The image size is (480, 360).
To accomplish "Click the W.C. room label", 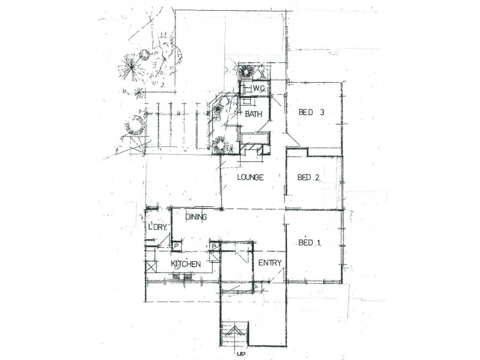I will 259,89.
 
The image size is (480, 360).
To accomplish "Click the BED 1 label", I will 310,243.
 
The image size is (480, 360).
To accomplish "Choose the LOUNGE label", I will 251,177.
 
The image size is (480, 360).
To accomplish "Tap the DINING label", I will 197,217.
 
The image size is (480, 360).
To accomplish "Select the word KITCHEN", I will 185,264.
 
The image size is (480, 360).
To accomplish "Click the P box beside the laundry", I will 176,245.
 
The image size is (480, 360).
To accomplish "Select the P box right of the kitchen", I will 214,245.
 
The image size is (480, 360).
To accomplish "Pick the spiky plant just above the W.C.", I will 245,72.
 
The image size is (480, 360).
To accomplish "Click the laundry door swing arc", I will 163,240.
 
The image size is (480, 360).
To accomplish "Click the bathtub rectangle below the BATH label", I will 253,139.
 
